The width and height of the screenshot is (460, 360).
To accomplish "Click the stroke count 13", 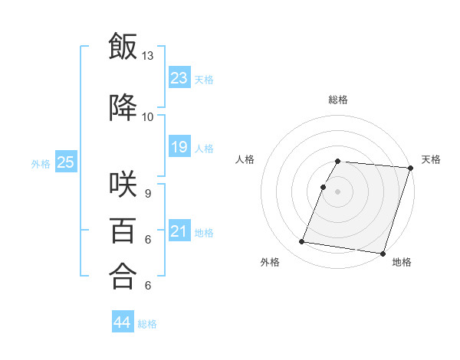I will (148, 56).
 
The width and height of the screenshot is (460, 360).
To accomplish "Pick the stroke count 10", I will (148, 116).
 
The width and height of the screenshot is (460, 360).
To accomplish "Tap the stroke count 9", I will (148, 194).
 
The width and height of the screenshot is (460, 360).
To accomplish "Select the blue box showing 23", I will (179, 77).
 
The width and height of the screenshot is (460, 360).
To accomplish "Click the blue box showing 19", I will (179, 147).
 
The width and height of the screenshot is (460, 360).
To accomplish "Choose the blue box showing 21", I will (179, 231).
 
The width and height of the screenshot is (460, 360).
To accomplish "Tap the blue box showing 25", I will (65, 162).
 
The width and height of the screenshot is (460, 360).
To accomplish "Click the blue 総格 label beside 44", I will (148, 324).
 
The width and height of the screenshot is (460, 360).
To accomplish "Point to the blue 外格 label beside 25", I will (41, 163).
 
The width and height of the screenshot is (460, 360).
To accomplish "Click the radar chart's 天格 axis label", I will (431, 159).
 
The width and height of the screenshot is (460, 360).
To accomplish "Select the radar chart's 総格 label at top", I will (338, 100).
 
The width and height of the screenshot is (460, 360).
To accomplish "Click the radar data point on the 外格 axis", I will (302, 242).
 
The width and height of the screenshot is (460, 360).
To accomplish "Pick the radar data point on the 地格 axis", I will (383, 253).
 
